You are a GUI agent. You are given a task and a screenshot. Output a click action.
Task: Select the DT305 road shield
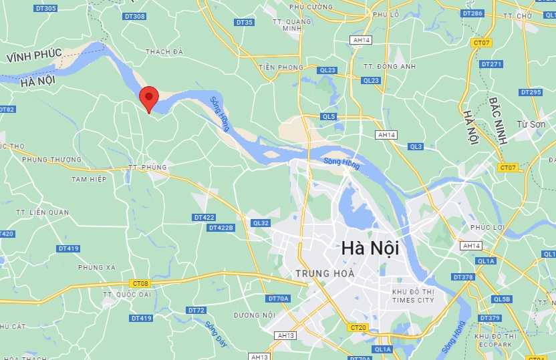46,8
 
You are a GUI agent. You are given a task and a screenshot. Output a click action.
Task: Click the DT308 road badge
134,16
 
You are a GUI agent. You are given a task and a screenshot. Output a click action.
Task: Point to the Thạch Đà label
164,51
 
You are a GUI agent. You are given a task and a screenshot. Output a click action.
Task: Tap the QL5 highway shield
328,116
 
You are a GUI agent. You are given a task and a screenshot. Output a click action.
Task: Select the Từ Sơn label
532,124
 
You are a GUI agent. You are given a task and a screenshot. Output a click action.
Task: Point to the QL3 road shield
416,146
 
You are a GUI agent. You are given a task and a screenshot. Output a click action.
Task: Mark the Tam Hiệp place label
89,179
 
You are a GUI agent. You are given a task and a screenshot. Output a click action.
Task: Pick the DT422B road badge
221,228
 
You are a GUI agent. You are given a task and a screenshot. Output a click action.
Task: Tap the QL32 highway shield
261,223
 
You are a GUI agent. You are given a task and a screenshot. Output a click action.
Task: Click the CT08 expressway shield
140,283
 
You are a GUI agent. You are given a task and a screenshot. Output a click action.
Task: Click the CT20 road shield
358,328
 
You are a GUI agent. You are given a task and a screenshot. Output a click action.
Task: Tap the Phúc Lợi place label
486,228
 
